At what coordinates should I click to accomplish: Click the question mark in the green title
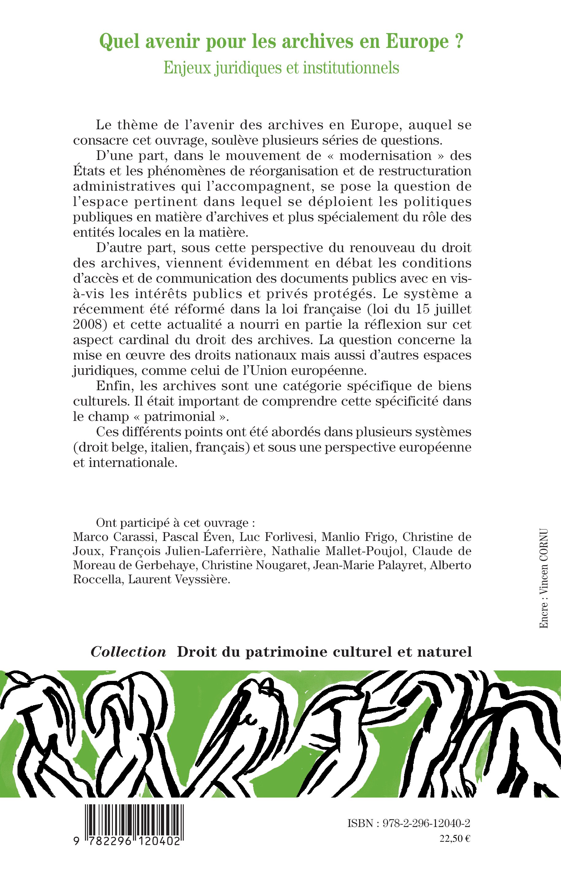point(458,41)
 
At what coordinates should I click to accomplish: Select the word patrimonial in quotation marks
point(180,416)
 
